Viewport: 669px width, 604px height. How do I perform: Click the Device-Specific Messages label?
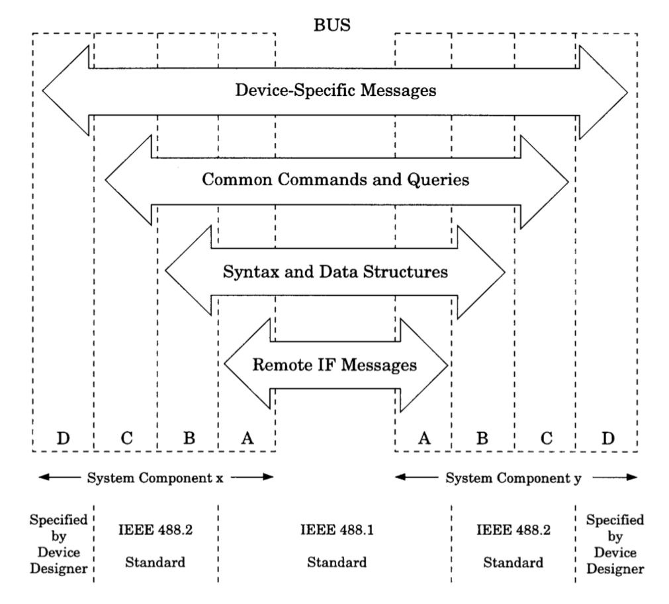point(335,91)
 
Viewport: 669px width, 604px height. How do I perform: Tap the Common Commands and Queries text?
point(335,180)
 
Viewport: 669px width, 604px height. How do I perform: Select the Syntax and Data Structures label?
point(335,271)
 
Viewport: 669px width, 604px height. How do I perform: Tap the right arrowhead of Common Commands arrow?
point(546,180)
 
